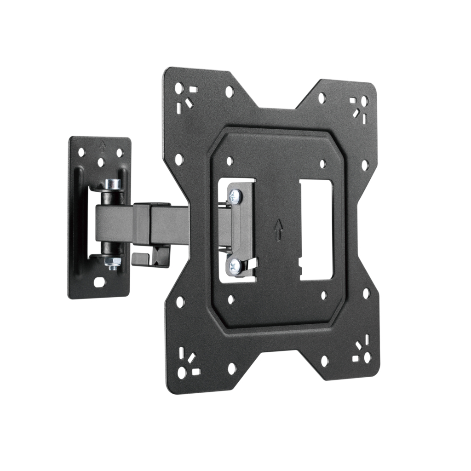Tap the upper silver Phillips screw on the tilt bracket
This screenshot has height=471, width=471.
tap(235, 196)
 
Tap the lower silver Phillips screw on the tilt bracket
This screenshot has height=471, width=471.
tap(235, 265)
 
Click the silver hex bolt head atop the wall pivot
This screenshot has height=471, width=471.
tap(113, 184)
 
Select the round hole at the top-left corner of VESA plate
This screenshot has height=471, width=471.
tap(179, 88)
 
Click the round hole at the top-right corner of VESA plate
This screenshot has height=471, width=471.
tap(364, 100)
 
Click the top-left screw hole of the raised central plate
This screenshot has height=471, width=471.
tap(230, 161)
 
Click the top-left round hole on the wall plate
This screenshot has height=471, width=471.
tap(81, 151)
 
